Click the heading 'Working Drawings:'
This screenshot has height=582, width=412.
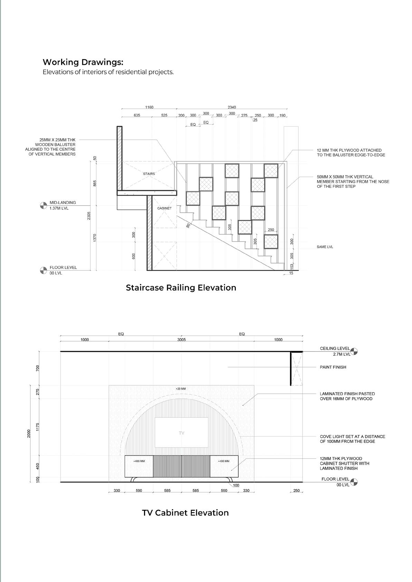(x=83, y=62)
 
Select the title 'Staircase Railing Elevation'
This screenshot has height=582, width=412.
(x=181, y=288)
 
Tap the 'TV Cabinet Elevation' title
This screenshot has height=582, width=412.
(x=185, y=513)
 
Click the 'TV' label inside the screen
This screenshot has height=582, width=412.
(x=182, y=433)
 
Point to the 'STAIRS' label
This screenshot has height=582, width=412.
(x=149, y=174)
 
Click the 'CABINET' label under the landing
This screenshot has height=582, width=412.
(x=164, y=208)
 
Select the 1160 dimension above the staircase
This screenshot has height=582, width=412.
(x=149, y=107)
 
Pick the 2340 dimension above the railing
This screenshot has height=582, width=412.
(x=232, y=107)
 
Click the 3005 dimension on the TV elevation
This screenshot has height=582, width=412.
(x=182, y=340)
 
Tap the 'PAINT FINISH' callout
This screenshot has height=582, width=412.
(x=333, y=367)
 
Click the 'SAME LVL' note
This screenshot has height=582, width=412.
(x=325, y=247)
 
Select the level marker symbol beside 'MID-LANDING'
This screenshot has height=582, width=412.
(x=43, y=205)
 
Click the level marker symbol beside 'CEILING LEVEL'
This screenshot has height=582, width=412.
(x=354, y=351)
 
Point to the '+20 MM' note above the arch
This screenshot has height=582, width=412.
(x=181, y=389)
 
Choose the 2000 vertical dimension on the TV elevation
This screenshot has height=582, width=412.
(x=29, y=433)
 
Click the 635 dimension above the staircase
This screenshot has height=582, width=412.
(x=137, y=115)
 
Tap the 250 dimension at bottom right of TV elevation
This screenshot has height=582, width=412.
(x=296, y=490)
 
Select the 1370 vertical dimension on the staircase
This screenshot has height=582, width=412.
(x=95, y=237)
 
